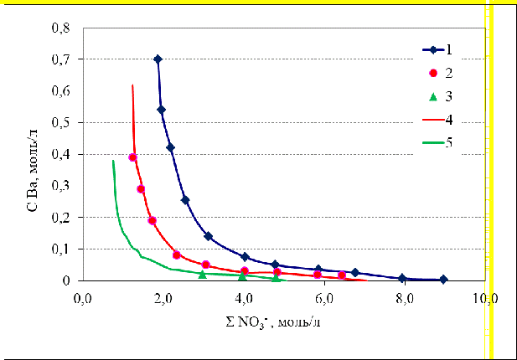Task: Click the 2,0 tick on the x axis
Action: coord(163,297)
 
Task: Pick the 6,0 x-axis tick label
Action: coord(325,297)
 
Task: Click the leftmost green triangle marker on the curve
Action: coord(202,274)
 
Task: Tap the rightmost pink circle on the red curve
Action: coord(342,275)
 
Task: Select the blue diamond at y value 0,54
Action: coord(162,110)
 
